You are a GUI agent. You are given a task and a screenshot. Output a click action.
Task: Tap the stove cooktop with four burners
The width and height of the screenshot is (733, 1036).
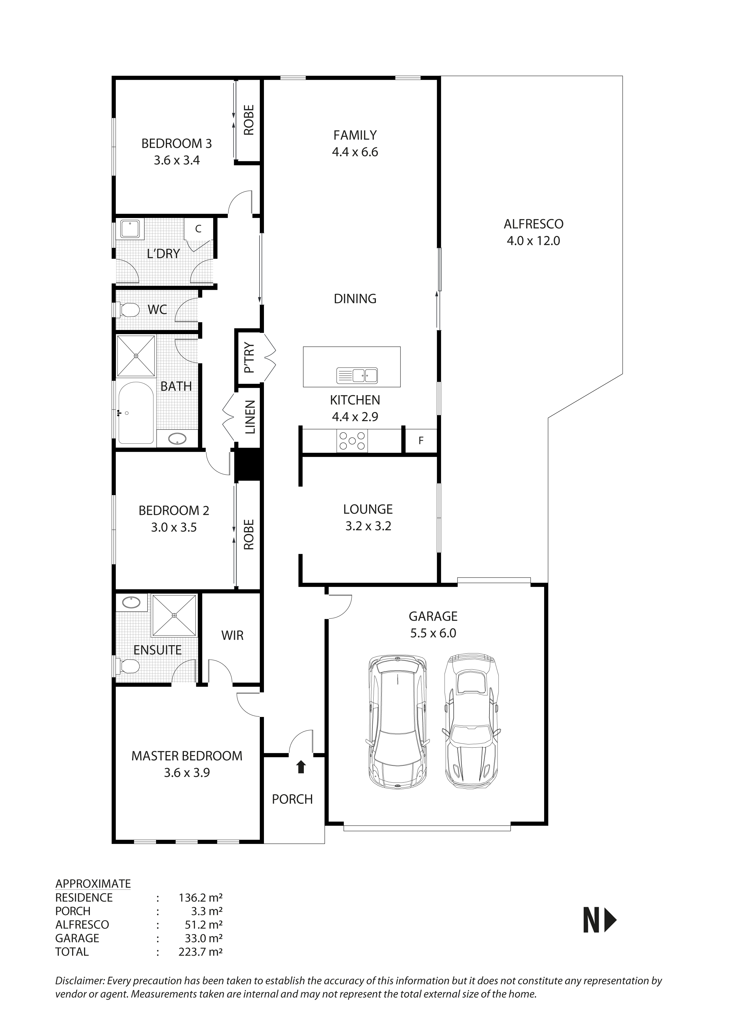point(352,441)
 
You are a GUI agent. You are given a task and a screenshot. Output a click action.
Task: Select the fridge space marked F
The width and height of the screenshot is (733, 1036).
point(421,441)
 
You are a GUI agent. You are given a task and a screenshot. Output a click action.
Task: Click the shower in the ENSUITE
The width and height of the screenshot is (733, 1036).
point(174,615)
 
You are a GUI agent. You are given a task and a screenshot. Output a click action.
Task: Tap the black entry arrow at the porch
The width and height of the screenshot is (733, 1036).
point(301,767)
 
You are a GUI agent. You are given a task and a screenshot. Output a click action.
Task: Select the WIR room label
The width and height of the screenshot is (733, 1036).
point(232,635)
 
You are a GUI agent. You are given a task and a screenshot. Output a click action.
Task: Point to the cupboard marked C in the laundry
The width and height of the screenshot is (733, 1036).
point(198,229)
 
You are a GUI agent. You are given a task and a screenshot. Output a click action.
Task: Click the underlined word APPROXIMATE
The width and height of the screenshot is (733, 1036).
point(93,884)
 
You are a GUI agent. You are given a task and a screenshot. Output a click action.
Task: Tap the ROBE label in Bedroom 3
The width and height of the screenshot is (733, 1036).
point(249,120)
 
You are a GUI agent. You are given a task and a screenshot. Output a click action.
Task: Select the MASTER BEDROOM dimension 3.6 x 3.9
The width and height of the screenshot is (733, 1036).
point(187,772)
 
